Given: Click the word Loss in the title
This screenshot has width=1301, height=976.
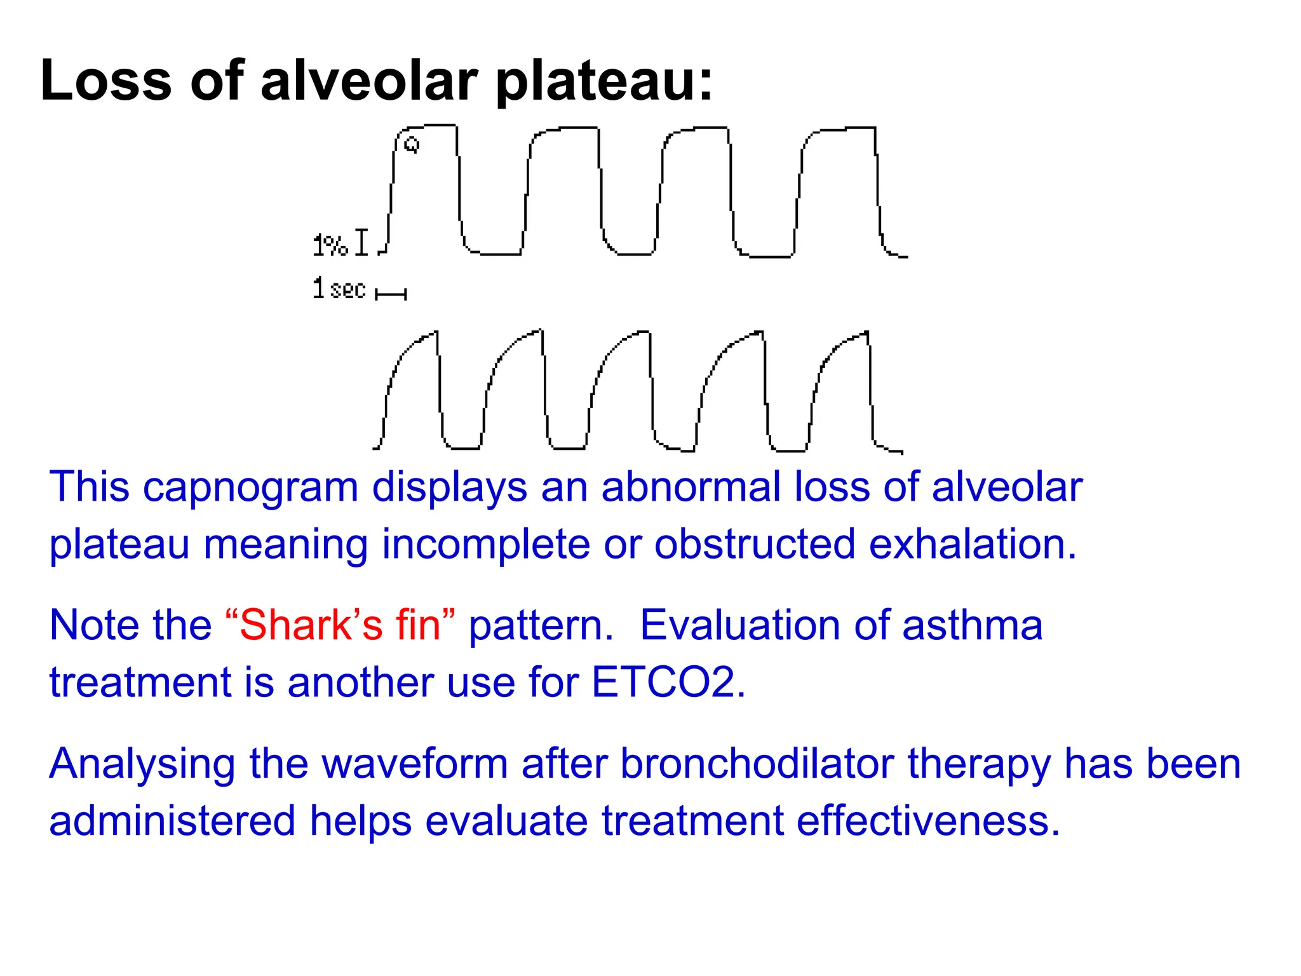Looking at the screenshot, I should click(105, 80).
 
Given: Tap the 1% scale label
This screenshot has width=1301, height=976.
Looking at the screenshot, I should click(330, 245).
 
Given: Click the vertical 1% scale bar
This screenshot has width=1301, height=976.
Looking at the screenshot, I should click(361, 243).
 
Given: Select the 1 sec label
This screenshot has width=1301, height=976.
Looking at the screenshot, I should click(339, 289).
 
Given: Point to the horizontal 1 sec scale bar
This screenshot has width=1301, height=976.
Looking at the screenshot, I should click(391, 294).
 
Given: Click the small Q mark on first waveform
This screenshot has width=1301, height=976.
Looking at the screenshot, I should click(412, 145).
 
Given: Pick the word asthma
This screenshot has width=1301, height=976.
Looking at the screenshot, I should click(972, 625).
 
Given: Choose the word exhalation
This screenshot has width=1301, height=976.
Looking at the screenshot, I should click(972, 545).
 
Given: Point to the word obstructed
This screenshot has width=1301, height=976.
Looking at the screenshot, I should click(754, 545).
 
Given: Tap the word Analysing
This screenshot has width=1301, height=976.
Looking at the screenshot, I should click(142, 764).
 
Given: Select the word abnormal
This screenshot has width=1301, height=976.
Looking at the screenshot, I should click(691, 487).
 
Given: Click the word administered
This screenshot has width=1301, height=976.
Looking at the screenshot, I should click(172, 820).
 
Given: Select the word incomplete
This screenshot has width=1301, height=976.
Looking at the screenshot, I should click(485, 545).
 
